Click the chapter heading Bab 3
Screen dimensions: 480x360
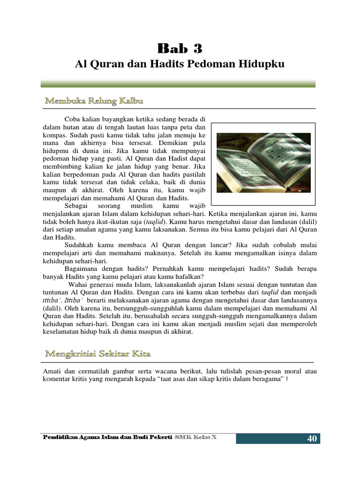pos(180,48)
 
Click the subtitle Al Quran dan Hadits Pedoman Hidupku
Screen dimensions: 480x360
pos(180,64)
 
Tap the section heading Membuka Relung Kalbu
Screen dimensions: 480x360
pos(94,101)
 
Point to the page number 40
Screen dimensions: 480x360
pos(312,439)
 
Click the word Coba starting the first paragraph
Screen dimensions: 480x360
pos(73,120)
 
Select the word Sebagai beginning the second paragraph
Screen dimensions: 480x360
pos(77,206)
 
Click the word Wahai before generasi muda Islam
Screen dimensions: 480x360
pos(78,284)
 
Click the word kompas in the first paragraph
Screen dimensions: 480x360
pos(53,135)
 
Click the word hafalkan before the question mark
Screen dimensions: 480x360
pos(185,277)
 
